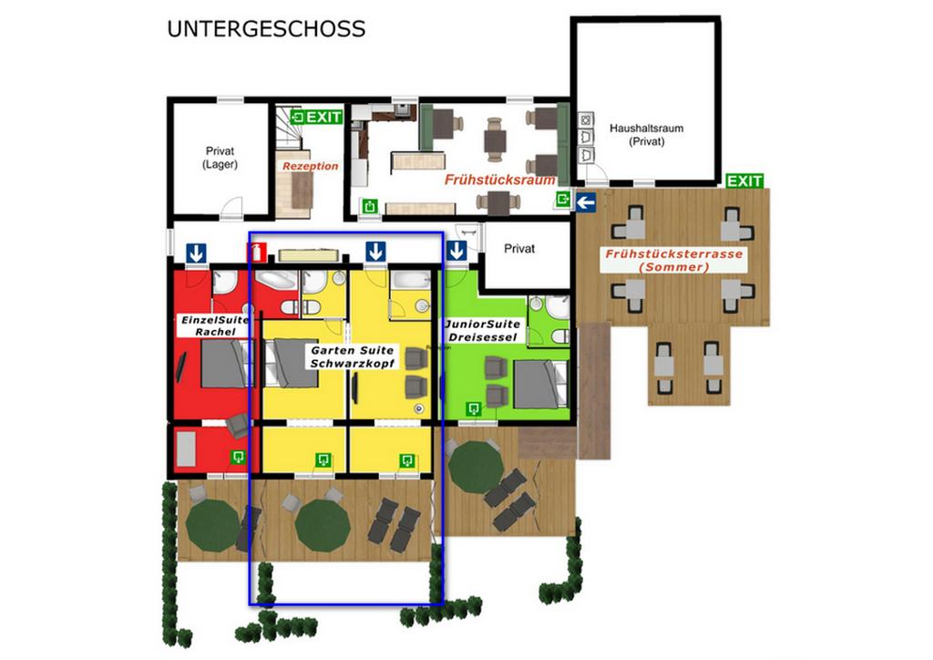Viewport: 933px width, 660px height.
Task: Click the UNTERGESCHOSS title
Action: (266, 29)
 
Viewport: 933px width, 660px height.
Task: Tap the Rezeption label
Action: (310, 166)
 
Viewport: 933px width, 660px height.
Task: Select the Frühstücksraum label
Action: (500, 180)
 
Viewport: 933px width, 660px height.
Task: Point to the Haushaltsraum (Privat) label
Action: (646, 135)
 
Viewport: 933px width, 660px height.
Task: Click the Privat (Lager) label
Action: (220, 158)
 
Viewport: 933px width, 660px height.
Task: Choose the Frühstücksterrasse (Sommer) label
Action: (673, 260)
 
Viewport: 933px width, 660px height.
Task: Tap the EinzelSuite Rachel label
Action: (215, 325)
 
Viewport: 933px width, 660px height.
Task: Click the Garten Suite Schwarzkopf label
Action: (353, 356)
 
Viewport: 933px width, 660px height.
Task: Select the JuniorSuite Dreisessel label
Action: (483, 330)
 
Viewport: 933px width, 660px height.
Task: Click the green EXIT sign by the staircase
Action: (316, 117)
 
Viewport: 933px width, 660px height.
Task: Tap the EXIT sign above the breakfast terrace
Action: (744, 180)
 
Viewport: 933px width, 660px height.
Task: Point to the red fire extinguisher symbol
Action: (257, 252)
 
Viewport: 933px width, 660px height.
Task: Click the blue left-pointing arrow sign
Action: (586, 202)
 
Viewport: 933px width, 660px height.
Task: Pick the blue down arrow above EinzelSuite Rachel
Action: (197, 253)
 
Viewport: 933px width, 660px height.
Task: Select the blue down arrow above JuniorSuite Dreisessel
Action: (456, 251)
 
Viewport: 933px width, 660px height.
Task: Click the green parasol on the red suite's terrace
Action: (212, 525)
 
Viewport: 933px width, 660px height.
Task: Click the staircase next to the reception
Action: (289, 129)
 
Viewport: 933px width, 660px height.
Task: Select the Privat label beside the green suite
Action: (519, 249)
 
